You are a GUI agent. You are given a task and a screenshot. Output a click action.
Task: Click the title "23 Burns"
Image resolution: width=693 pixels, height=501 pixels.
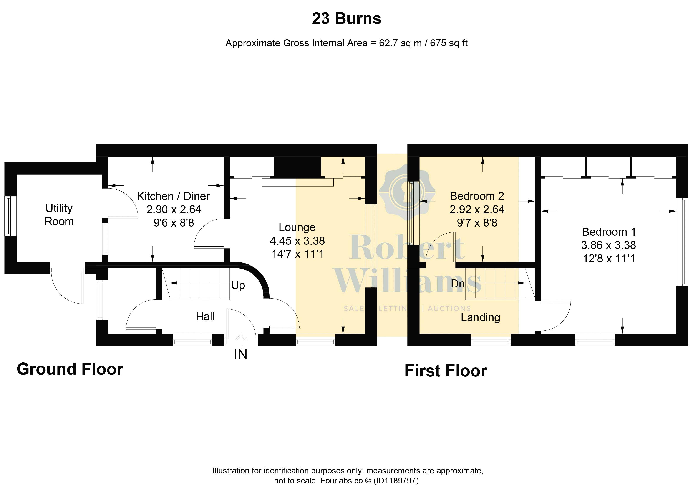(x=346, y=19)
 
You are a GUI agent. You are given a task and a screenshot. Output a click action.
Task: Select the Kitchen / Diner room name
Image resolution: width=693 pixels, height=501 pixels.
(x=173, y=196)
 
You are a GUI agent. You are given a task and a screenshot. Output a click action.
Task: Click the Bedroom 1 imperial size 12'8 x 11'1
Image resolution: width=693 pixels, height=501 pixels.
(x=609, y=259)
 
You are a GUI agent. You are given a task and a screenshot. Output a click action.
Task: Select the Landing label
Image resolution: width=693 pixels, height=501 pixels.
(x=480, y=317)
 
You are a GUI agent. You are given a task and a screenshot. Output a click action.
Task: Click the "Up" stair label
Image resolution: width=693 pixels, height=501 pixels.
(x=238, y=285)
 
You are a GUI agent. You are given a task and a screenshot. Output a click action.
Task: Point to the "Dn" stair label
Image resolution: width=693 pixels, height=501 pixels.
(x=458, y=284)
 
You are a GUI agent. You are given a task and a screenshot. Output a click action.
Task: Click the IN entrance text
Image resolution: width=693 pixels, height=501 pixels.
(x=240, y=354)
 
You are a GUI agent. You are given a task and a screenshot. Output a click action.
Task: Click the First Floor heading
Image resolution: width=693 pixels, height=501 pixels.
(x=446, y=371)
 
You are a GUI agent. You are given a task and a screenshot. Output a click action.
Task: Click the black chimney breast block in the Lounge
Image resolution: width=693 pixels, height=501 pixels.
(x=297, y=167)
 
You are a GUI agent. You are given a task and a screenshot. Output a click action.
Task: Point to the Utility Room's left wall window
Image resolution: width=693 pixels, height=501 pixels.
(x=8, y=216)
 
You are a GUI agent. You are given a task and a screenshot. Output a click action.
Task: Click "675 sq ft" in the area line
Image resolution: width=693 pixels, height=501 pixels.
(x=449, y=43)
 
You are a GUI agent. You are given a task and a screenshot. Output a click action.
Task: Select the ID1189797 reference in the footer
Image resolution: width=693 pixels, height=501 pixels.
(x=396, y=481)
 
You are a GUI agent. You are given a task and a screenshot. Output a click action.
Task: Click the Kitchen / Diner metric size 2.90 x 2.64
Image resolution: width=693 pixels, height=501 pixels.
(x=174, y=210)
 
